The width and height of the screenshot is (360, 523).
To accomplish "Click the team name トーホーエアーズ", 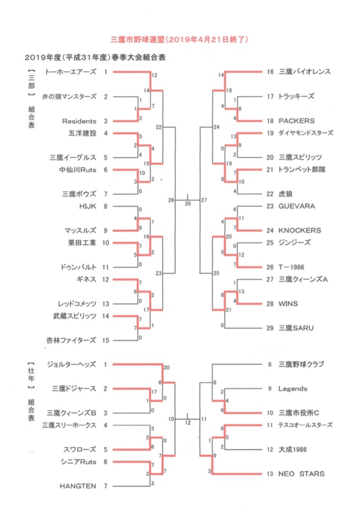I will tap(71, 72).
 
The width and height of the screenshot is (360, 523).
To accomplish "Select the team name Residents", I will tap(79, 121).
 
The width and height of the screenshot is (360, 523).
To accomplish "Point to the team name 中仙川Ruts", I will tap(78, 170).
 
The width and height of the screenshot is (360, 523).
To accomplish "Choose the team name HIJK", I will tap(87, 206).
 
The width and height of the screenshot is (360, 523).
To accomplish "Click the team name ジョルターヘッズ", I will tap(71, 365).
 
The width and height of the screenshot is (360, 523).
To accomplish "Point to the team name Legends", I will tap(293, 389).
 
